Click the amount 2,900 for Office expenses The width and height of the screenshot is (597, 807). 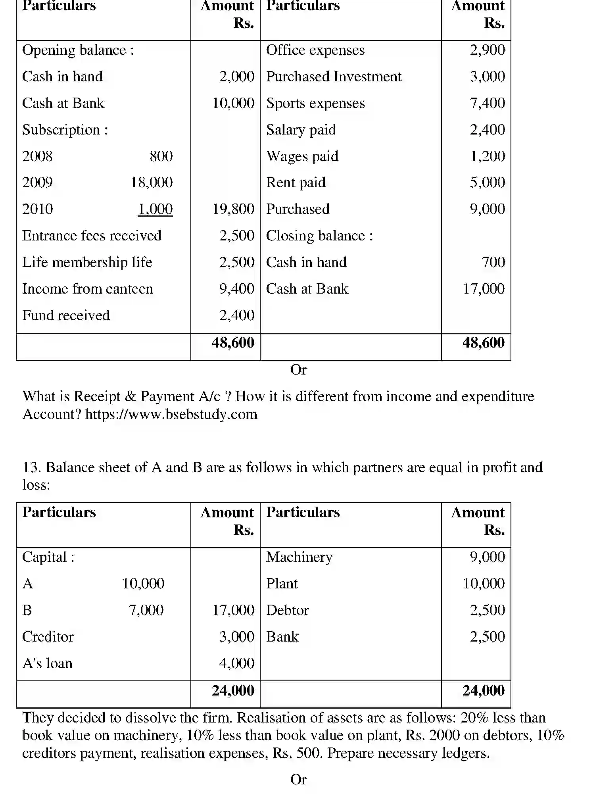pos(487,50)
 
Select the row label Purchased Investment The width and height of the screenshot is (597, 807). pos(334,77)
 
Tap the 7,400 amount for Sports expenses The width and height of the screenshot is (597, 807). pos(487,103)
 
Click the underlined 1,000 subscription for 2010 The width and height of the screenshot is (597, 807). pos(155,209)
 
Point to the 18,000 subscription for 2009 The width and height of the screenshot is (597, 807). pos(152,183)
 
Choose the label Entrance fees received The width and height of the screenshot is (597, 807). pos(92,236)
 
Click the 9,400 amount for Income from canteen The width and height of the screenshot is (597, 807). pos(236,289)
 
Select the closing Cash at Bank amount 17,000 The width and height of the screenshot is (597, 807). pos(484,289)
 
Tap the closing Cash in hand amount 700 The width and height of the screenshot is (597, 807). pos(493,262)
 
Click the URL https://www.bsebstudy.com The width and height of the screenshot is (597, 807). pos(171,414)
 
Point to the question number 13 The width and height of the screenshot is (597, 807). pos(31,467)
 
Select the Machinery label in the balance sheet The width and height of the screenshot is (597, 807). pos(299,557)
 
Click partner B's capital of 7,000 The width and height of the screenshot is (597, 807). pos(146,610)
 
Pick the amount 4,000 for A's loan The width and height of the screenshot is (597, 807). pos(236,663)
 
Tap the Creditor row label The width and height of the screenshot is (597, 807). pos(48,637)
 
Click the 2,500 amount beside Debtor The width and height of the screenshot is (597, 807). pos(487,610)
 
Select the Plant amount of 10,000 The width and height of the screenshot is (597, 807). pos(484,584)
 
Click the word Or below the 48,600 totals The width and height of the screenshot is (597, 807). pos(298,370)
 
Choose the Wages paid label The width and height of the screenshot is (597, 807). pos(302,156)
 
